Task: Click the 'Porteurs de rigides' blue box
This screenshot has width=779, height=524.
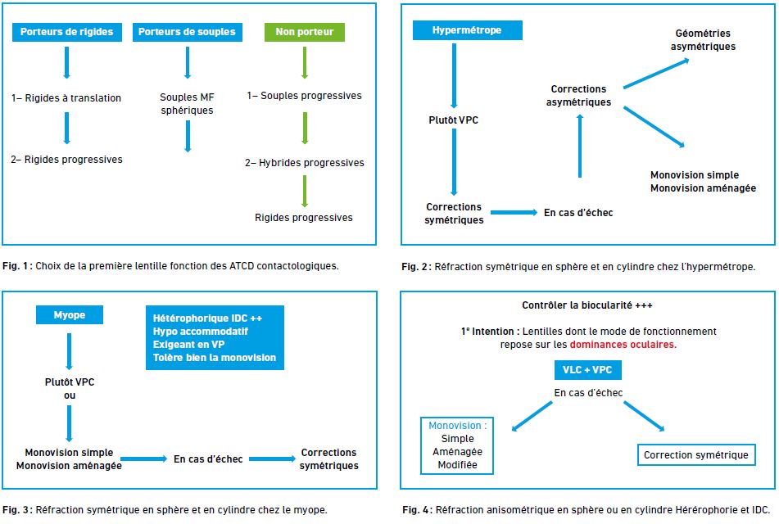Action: [x=67, y=32]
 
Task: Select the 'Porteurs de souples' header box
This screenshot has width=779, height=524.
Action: [x=188, y=32]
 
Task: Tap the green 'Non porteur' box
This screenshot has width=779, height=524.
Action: [x=305, y=32]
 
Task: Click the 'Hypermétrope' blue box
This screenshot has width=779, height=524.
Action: [x=467, y=30]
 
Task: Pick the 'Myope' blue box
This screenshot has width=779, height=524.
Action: [x=70, y=315]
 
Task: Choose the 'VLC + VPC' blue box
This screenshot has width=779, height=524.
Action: [x=587, y=370]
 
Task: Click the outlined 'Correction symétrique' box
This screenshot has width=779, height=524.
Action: [x=696, y=455]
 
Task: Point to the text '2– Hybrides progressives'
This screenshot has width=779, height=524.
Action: [x=305, y=163]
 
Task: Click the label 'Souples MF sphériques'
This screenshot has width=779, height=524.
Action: [x=188, y=104]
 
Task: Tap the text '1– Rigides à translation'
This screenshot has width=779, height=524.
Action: [x=66, y=98]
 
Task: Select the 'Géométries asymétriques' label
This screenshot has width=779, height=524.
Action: [x=703, y=40]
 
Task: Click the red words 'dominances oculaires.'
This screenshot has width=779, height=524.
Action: [x=623, y=345]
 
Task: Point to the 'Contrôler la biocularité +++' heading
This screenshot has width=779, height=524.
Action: [x=587, y=305]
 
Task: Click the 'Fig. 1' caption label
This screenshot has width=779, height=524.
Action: [x=17, y=266]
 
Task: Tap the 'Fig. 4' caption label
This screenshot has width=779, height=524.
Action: [x=417, y=510]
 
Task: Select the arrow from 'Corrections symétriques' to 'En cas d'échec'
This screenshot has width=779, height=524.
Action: [x=514, y=213]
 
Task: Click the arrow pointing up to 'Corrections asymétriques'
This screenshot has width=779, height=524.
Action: [x=580, y=146]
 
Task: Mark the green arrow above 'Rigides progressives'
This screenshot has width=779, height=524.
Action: [x=305, y=192]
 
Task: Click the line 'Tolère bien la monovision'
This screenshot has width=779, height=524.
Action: [x=214, y=358]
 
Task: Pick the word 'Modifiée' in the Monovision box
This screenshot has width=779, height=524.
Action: [x=458, y=465]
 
